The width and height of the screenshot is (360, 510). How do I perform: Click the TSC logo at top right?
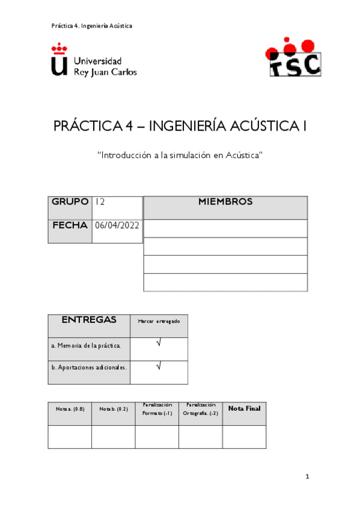(293, 58)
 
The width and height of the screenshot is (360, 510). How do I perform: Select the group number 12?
(100, 202)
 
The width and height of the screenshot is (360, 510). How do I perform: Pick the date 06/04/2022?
(117, 226)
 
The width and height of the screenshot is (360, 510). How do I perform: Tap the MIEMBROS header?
(225, 202)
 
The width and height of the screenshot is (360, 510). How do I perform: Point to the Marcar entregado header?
(159, 322)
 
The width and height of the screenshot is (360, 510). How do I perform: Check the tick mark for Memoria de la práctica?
(159, 344)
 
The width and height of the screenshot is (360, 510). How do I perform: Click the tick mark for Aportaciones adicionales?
(159, 366)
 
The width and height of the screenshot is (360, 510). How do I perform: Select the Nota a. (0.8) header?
(70, 409)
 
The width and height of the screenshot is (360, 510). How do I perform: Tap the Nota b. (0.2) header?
(113, 409)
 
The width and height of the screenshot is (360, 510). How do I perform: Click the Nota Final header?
(244, 409)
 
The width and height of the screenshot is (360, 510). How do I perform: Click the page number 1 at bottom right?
(307, 477)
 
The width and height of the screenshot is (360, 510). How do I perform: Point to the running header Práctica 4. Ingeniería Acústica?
(91, 26)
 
